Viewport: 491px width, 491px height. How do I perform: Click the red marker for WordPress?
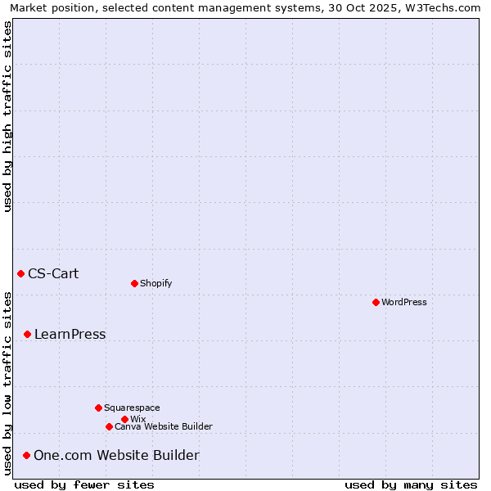tap(376, 302)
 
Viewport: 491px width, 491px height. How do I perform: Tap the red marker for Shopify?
tap(134, 283)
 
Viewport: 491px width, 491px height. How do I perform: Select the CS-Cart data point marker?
tap(20, 273)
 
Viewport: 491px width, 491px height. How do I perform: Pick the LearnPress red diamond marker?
tap(27, 334)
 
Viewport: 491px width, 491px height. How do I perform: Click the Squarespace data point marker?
tap(98, 408)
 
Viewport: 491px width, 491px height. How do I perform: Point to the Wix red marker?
tap(124, 419)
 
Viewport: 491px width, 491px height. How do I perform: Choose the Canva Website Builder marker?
tap(109, 426)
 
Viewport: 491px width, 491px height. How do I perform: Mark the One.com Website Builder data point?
tap(26, 455)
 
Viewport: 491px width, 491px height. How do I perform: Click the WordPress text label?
tap(404, 302)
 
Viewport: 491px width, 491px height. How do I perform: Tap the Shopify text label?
tap(156, 283)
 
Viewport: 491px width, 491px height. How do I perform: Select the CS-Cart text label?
tap(53, 273)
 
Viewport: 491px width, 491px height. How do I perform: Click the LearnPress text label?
tap(70, 334)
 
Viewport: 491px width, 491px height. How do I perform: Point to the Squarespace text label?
tap(132, 408)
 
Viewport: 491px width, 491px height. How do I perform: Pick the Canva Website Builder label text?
tap(164, 426)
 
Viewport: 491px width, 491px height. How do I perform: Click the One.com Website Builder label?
tap(116, 455)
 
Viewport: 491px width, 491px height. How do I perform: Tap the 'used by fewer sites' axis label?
tap(84, 484)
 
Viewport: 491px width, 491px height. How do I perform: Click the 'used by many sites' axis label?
tap(411, 484)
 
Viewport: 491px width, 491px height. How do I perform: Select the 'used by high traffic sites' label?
tap(8, 116)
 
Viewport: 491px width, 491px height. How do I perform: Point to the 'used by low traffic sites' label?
tap(8, 383)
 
